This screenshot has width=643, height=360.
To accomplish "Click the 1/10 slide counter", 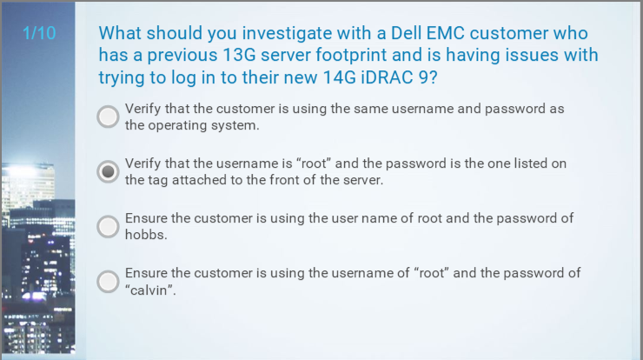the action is click(x=39, y=33).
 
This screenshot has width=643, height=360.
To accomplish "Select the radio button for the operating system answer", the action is click(x=108, y=117).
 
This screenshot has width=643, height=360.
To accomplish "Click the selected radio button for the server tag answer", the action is click(x=108, y=171).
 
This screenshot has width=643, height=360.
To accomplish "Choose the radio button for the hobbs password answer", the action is click(x=108, y=227).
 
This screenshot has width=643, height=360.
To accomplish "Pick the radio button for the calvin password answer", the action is click(x=108, y=282).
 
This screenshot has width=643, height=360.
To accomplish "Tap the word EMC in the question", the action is click(x=446, y=33).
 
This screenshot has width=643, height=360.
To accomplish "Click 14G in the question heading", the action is click(x=339, y=77).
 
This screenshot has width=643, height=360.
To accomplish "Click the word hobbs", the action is click(x=146, y=235).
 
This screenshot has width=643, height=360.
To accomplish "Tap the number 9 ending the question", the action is click(x=424, y=77).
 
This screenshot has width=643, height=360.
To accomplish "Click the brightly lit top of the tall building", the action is click(x=28, y=168).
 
